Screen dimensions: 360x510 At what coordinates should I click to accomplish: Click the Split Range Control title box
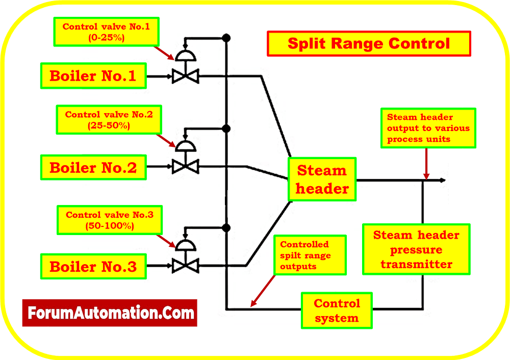(369, 43)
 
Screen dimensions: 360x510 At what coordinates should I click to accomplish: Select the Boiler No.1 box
(93, 76)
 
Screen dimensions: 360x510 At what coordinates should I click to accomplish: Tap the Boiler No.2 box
(93, 167)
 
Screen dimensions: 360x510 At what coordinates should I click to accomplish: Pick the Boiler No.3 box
(93, 266)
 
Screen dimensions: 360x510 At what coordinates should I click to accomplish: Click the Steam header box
(322, 179)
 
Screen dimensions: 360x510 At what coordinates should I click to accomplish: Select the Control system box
(337, 311)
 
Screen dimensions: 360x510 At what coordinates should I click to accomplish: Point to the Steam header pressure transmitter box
(417, 249)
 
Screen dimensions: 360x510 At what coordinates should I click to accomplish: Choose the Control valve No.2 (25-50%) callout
(109, 120)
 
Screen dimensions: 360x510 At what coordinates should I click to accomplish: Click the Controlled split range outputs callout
(310, 255)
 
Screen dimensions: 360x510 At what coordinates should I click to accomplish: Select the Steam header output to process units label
(428, 128)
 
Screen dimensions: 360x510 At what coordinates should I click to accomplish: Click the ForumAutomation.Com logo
(109, 313)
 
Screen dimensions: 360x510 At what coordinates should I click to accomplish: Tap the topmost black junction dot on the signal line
(226, 38)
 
